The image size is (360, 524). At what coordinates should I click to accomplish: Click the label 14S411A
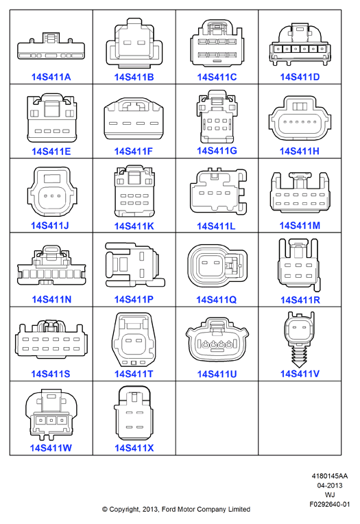[51, 78]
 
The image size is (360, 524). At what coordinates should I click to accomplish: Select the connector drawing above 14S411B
[134, 41]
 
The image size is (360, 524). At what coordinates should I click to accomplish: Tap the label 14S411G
[217, 151]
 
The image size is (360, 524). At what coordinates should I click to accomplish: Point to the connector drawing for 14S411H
[300, 118]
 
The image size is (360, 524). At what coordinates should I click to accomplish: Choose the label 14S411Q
[217, 300]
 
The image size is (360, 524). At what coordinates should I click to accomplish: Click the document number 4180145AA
[330, 476]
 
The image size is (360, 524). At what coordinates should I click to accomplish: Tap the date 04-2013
[330, 485]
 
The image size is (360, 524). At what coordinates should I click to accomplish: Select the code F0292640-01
[330, 504]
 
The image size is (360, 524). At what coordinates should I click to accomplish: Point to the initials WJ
[330, 495]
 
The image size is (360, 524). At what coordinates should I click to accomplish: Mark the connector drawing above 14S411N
[51, 265]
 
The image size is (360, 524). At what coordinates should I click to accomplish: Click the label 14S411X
[134, 448]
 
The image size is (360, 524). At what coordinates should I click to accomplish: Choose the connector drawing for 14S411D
[300, 44]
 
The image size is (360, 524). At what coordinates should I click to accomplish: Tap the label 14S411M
[300, 226]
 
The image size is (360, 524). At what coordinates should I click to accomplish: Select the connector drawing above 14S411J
[52, 191]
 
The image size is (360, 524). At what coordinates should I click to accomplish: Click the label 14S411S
[51, 374]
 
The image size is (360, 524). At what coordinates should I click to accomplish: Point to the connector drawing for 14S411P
[135, 265]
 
